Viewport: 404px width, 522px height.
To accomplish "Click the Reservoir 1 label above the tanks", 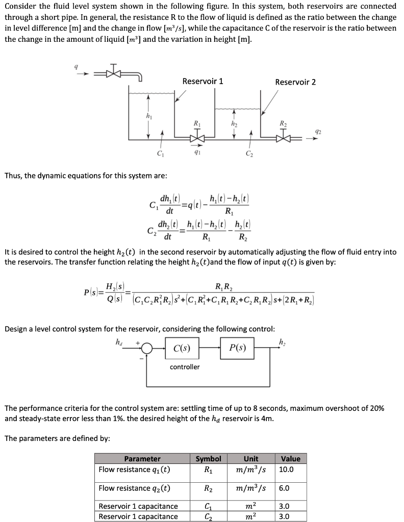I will [203, 82].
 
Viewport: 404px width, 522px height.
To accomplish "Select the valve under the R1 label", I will [196, 138].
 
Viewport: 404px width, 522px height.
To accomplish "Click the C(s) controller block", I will [182, 349].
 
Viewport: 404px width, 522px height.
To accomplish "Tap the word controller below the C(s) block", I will [185, 367].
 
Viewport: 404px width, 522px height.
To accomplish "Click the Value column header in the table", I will [291, 458].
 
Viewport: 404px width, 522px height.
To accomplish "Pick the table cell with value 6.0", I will [284, 488].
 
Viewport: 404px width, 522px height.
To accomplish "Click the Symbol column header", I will [209, 458].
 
